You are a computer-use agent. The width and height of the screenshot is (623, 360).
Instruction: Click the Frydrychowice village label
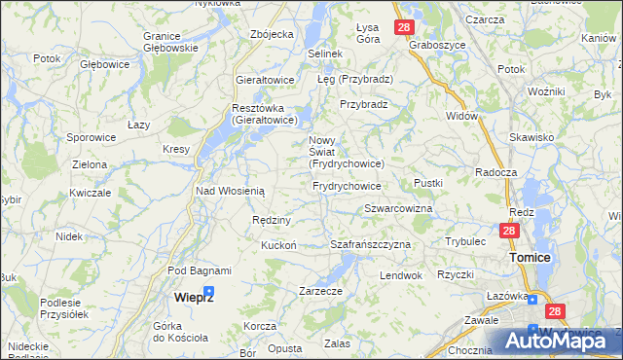click(347, 185)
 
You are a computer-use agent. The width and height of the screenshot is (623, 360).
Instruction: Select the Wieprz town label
click(194, 296)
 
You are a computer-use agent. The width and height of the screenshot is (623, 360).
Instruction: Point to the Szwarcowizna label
click(397, 209)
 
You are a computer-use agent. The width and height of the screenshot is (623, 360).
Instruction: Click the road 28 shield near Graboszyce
click(403, 27)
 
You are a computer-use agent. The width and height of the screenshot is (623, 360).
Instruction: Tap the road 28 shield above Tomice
click(509, 231)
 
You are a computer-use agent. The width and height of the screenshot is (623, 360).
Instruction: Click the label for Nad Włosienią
click(230, 191)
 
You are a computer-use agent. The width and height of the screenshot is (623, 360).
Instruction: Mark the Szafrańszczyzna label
click(371, 244)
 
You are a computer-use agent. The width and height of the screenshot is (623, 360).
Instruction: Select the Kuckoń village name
click(278, 245)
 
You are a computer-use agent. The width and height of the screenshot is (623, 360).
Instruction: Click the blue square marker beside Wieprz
click(208, 291)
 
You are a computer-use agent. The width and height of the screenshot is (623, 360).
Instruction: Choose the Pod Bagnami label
click(200, 270)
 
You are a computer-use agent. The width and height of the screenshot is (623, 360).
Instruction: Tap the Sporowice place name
click(92, 137)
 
